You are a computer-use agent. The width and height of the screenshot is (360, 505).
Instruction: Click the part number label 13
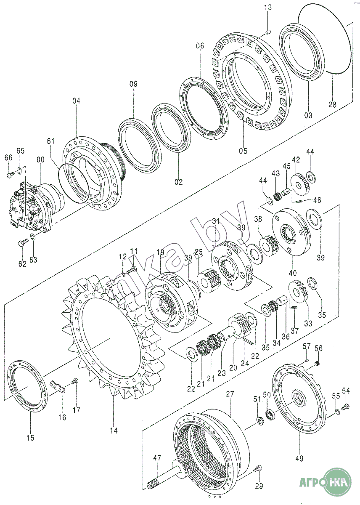coord(268,7)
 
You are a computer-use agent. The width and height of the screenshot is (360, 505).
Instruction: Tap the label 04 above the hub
coord(76,101)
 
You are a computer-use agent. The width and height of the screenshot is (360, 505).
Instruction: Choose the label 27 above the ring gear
coord(230,394)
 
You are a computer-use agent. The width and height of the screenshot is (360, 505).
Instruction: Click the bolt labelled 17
coord(75,381)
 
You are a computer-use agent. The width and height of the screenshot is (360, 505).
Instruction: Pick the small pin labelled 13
coord(270,31)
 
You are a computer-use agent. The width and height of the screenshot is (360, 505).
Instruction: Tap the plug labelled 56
coord(318,363)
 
